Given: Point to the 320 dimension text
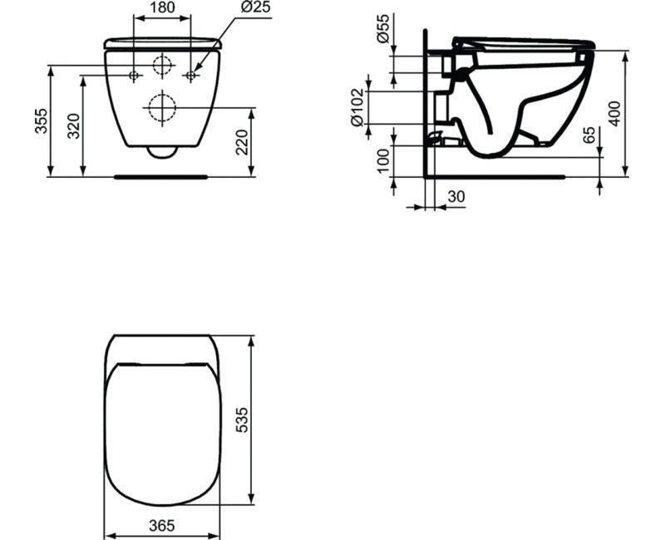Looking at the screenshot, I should tap(74, 125).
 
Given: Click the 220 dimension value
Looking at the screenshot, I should tap(241, 142).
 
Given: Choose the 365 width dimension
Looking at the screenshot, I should tap(161, 525).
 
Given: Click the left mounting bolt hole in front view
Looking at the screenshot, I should tap(134, 76).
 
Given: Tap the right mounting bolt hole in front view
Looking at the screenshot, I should tap(190, 76).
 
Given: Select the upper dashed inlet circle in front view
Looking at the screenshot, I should tap(162, 66).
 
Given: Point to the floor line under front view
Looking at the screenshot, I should tap(161, 176).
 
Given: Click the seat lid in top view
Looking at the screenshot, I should tap(161, 432).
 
